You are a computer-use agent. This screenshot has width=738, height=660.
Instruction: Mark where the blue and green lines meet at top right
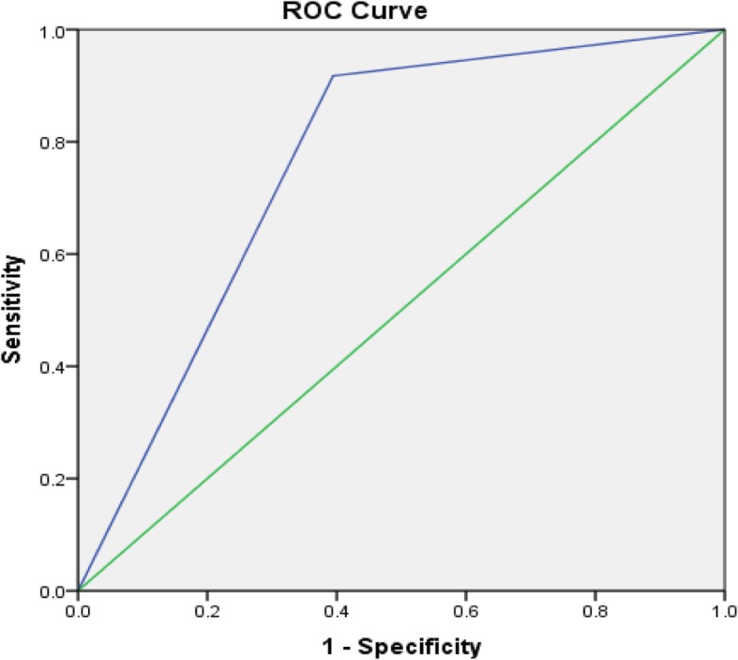pos(723,30)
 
